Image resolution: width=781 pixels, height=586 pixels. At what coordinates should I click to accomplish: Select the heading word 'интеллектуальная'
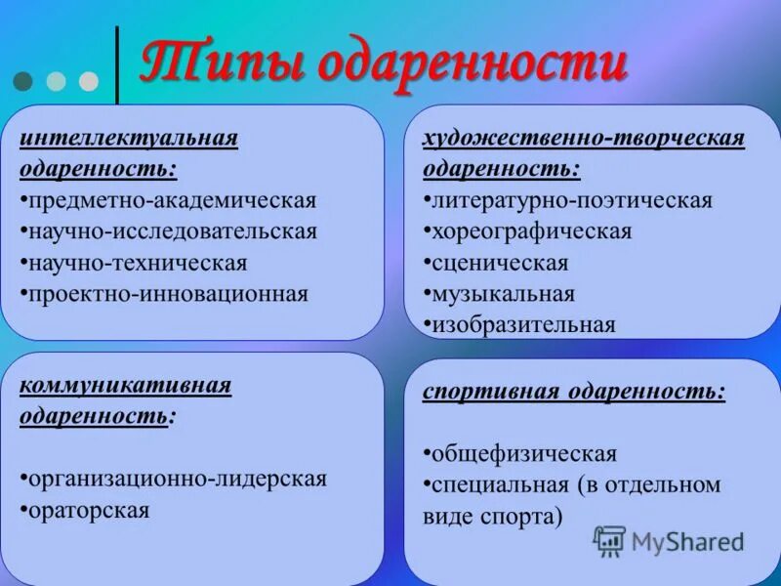point(129,137)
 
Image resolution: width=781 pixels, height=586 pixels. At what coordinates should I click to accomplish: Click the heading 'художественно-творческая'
point(583,138)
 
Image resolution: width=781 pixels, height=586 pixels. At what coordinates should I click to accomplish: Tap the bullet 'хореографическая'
point(532,231)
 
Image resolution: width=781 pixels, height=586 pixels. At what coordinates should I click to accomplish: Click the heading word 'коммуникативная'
point(126,385)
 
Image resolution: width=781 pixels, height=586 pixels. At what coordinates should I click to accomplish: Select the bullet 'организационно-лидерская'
point(177,479)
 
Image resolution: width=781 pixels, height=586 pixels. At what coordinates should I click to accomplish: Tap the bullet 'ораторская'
point(89,510)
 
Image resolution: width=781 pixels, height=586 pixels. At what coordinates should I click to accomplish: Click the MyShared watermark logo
point(669,540)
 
